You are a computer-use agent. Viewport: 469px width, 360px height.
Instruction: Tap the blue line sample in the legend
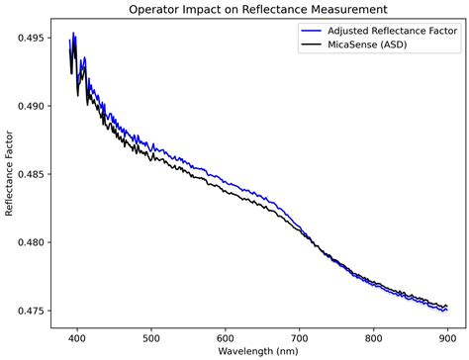click(295, 32)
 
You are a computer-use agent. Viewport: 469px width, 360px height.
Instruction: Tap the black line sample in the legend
click(295, 45)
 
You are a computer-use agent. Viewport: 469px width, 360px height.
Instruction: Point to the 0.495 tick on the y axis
click(31, 38)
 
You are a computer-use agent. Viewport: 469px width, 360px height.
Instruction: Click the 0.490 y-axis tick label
click(31, 106)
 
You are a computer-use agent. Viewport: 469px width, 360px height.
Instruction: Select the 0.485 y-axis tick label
click(31, 174)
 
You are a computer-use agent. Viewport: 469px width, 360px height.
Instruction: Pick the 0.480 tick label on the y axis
click(31, 242)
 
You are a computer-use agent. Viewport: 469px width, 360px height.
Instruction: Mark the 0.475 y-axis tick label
click(31, 311)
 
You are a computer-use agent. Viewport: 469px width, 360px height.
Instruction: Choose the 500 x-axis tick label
click(151, 334)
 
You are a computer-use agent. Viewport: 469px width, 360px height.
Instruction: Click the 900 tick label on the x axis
click(448, 334)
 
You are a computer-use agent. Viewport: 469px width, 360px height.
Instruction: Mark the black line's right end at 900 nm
click(447, 307)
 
